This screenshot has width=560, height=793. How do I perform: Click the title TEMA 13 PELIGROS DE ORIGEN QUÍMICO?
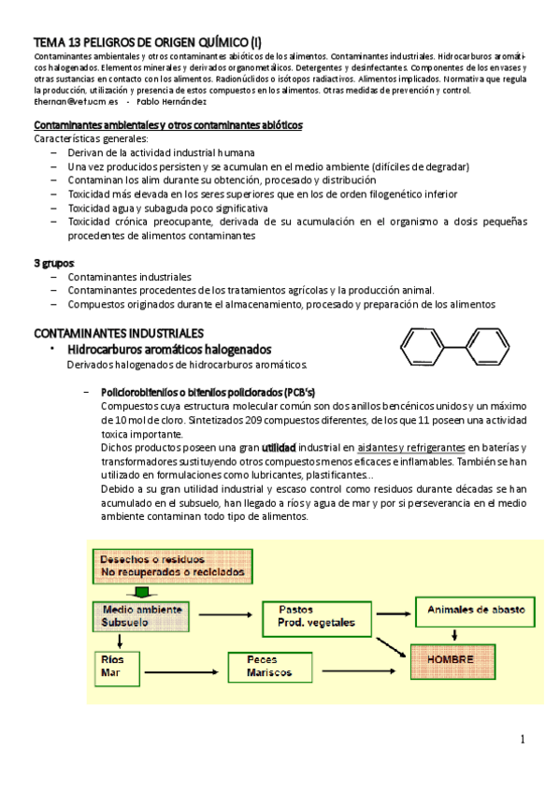pos(148,43)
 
